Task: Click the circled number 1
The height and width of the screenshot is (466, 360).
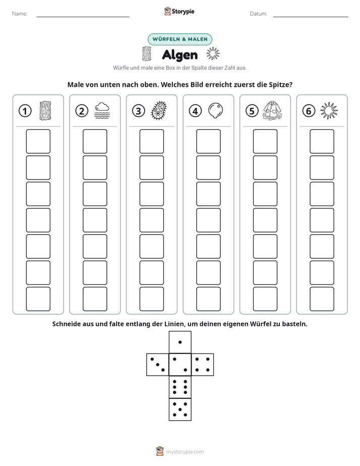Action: tap(25, 111)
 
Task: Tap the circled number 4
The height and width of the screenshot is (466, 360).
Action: tap(195, 111)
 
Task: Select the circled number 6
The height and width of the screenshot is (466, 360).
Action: tap(309, 111)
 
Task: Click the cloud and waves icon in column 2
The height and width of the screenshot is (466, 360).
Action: tap(102, 110)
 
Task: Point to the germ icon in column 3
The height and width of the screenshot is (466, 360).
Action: tap(159, 110)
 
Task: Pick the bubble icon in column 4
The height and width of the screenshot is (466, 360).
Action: tap(215, 110)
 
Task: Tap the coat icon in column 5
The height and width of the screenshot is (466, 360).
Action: tap(272, 110)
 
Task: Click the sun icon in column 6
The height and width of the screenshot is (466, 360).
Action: tap(329, 110)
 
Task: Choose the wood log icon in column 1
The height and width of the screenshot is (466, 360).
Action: tap(45, 110)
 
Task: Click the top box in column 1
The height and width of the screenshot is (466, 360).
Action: tap(38, 141)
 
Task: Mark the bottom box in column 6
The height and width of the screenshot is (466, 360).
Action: tap(322, 299)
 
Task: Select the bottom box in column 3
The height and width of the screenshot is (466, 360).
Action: tap(151, 299)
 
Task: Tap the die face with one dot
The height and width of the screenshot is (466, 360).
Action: tap(180, 342)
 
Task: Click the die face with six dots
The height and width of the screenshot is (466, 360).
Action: tap(180, 387)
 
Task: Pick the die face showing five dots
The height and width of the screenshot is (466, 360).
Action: tap(180, 410)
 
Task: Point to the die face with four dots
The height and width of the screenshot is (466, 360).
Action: tap(203, 365)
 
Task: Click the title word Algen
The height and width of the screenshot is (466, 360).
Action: tap(179, 55)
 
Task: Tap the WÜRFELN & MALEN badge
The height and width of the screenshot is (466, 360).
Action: tap(180, 39)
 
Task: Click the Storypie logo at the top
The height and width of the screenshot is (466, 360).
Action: tap(179, 12)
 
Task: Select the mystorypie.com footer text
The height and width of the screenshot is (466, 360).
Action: tap(185, 452)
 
